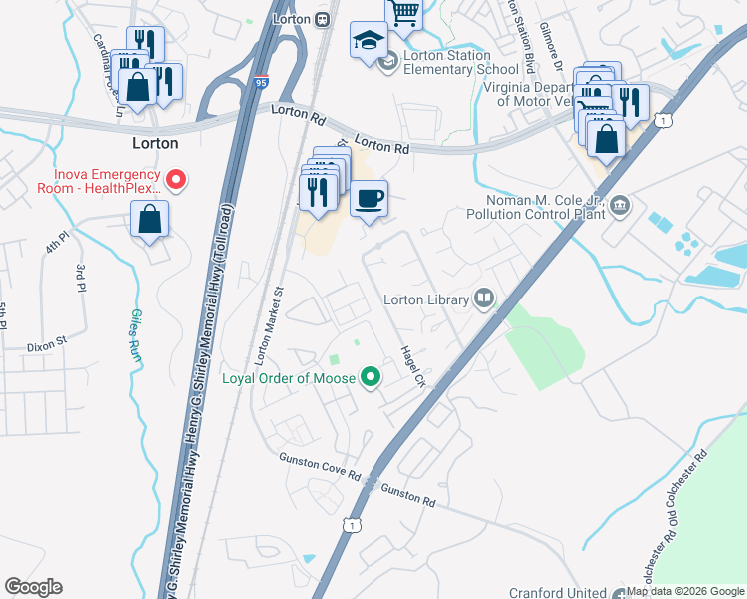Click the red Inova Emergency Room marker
point(176,180)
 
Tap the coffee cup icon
point(369,198)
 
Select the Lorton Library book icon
point(484,299)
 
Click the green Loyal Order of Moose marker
point(371,377)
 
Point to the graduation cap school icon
point(368,41)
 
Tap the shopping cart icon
point(403,13)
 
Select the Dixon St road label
point(46,340)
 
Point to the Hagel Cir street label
point(412,367)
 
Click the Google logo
point(33,587)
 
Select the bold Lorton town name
point(155,143)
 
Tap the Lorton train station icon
point(322,19)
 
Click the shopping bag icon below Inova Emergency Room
point(149,219)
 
